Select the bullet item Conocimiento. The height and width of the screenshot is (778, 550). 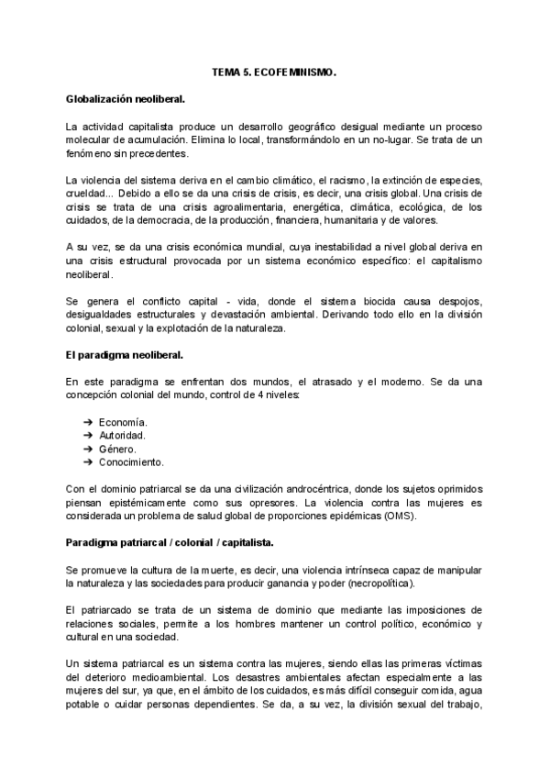[x=132, y=462]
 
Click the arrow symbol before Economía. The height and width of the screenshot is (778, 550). [x=88, y=421]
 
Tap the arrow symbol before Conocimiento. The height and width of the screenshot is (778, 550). [x=88, y=462]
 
